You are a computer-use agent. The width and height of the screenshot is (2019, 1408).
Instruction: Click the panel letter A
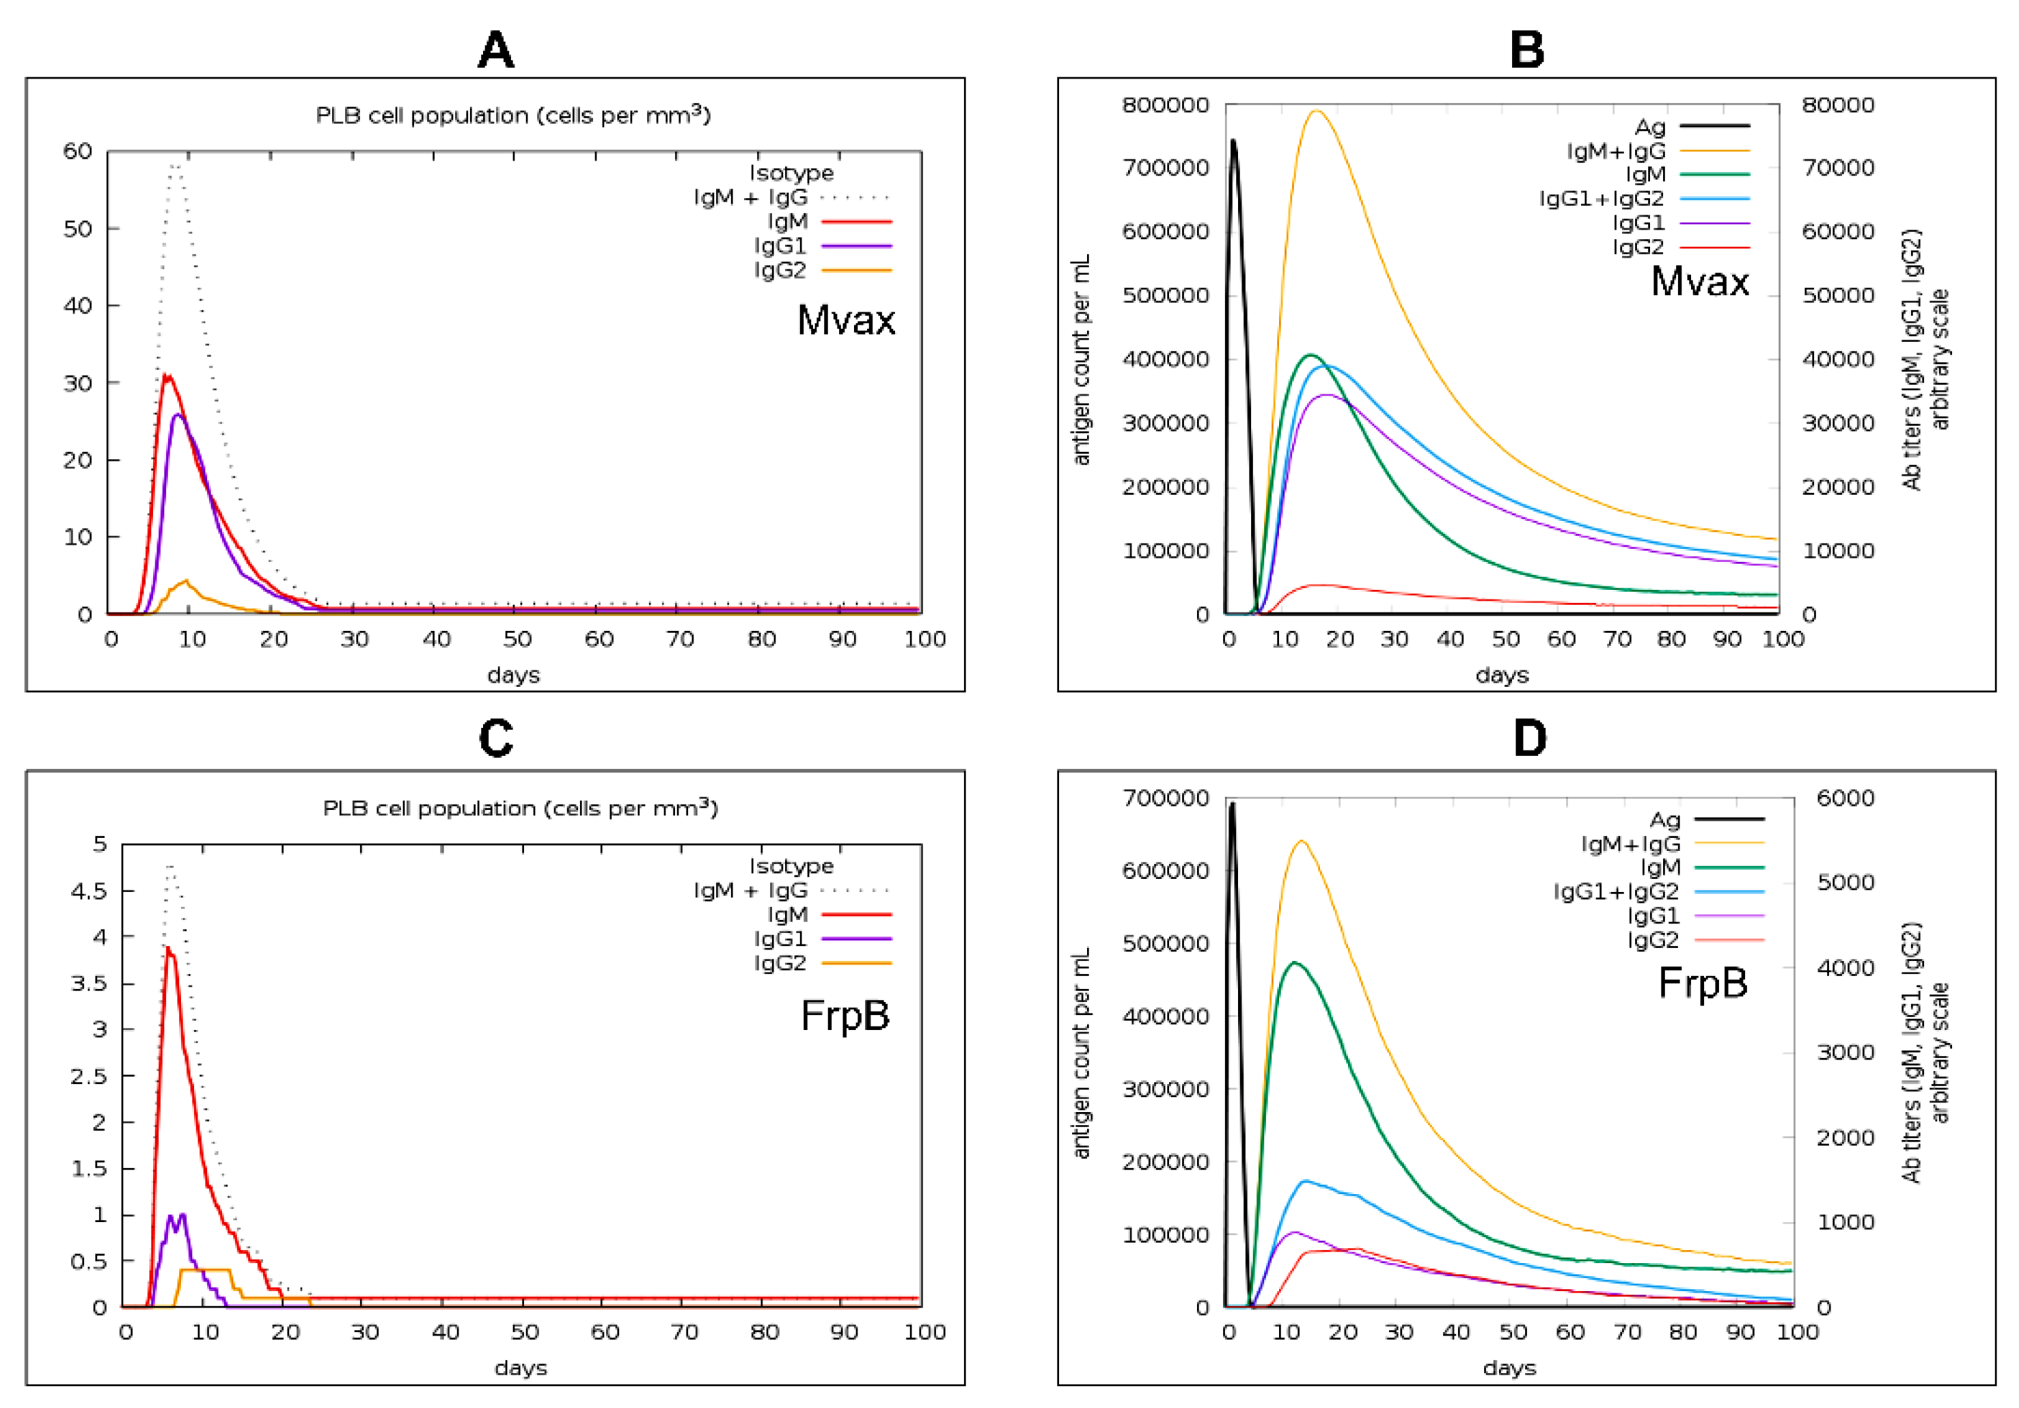(x=495, y=50)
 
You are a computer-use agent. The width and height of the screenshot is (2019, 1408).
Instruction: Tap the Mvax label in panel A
(x=845, y=320)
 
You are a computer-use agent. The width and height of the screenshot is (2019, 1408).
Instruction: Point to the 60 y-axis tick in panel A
(x=77, y=151)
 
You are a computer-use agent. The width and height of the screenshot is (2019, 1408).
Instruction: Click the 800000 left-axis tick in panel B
(x=1165, y=105)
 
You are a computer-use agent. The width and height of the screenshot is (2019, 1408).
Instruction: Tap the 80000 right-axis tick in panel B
(x=1838, y=105)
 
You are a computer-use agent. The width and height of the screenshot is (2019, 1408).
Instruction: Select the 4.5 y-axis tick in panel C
(x=88, y=891)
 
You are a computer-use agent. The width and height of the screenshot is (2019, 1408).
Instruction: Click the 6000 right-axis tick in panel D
(x=1845, y=798)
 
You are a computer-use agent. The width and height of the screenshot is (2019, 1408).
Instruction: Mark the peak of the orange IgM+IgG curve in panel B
(x=1317, y=111)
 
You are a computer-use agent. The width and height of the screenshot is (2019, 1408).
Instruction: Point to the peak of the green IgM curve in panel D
(x=1293, y=963)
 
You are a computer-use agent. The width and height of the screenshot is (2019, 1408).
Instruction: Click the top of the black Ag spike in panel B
(x=1233, y=141)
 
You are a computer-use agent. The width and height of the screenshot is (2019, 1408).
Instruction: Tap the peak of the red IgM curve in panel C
(x=168, y=948)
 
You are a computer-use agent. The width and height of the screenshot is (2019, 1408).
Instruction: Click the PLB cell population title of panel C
(x=520, y=808)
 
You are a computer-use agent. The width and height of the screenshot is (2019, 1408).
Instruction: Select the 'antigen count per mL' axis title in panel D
(x=1081, y=1053)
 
